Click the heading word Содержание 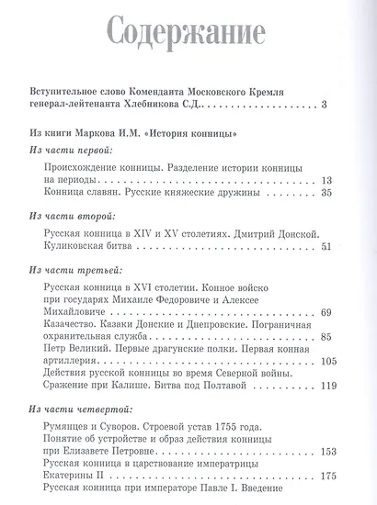pyautogui.click(x=188, y=38)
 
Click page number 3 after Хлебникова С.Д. pyautogui.click(x=326, y=109)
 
